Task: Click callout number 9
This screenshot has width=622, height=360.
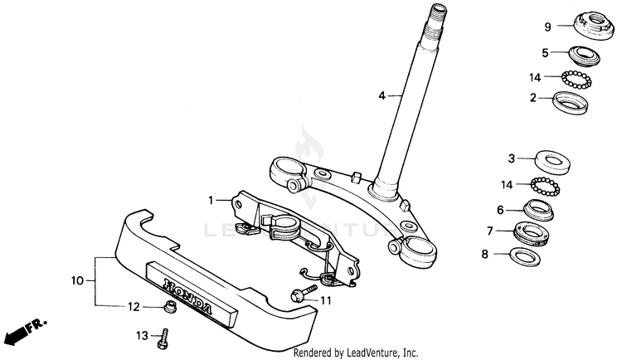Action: click(x=547, y=27)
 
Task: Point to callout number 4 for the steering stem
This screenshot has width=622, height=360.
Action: click(x=381, y=96)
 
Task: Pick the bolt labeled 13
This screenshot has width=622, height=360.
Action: click(x=165, y=336)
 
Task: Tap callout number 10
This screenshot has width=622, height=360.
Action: click(x=78, y=282)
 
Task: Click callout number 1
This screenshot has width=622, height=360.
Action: click(x=211, y=200)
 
